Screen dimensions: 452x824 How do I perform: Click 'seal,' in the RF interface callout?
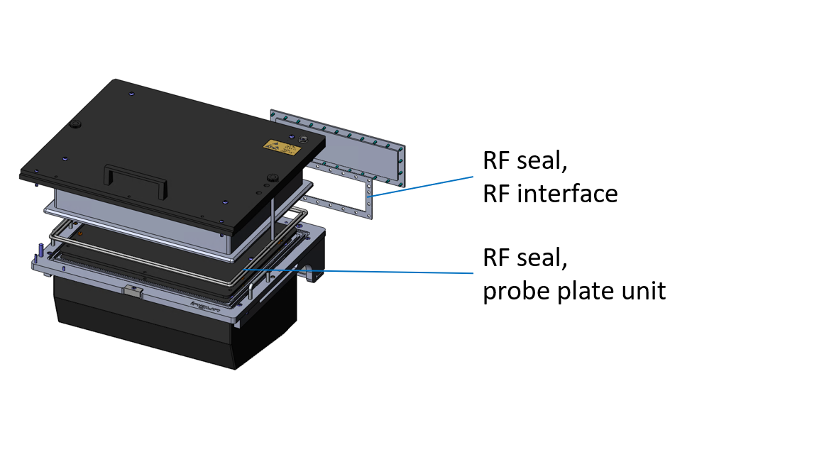[544, 161]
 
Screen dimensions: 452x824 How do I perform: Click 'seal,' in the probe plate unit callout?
[544, 258]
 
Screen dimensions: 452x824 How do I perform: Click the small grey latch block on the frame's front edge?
[132, 292]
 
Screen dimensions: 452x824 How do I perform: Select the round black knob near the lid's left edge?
[74, 126]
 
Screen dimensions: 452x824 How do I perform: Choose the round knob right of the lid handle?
[271, 176]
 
